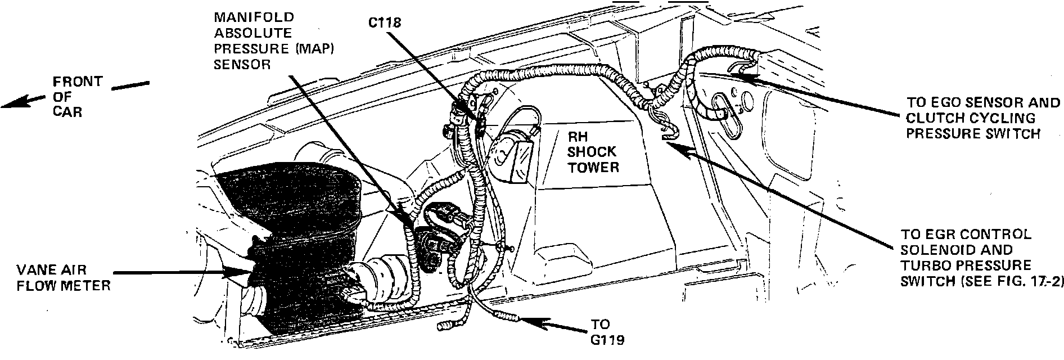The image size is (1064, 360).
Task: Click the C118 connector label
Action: coord(385,23)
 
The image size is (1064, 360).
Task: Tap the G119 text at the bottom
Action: coord(607,340)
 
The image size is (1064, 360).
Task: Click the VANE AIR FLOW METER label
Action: coord(63,278)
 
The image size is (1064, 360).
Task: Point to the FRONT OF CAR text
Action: coord(77,96)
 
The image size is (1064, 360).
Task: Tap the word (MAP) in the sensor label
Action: coord(314,49)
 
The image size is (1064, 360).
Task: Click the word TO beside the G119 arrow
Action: coord(601,325)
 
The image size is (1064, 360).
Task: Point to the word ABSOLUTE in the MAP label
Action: coord(253,34)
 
